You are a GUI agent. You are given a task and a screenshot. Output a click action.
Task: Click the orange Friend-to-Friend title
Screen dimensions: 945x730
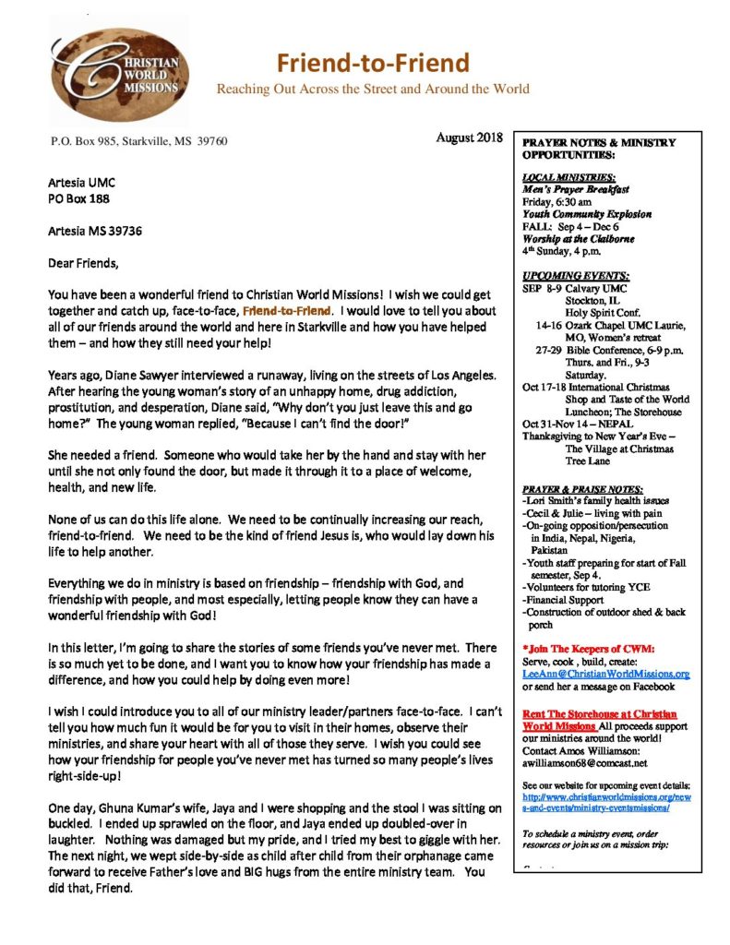click(x=374, y=63)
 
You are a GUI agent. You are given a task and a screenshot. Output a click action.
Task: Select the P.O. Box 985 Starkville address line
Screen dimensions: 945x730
click(x=138, y=141)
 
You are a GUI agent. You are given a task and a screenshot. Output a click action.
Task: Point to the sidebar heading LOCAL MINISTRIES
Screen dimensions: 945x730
click(x=568, y=176)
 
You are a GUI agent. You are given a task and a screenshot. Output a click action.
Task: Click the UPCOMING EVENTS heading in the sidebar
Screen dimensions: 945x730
click(x=575, y=276)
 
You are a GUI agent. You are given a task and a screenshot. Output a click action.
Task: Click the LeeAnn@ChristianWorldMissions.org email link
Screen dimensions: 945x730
click(x=605, y=674)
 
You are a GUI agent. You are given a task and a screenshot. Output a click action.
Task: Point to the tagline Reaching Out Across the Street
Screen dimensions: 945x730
click(x=373, y=90)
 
